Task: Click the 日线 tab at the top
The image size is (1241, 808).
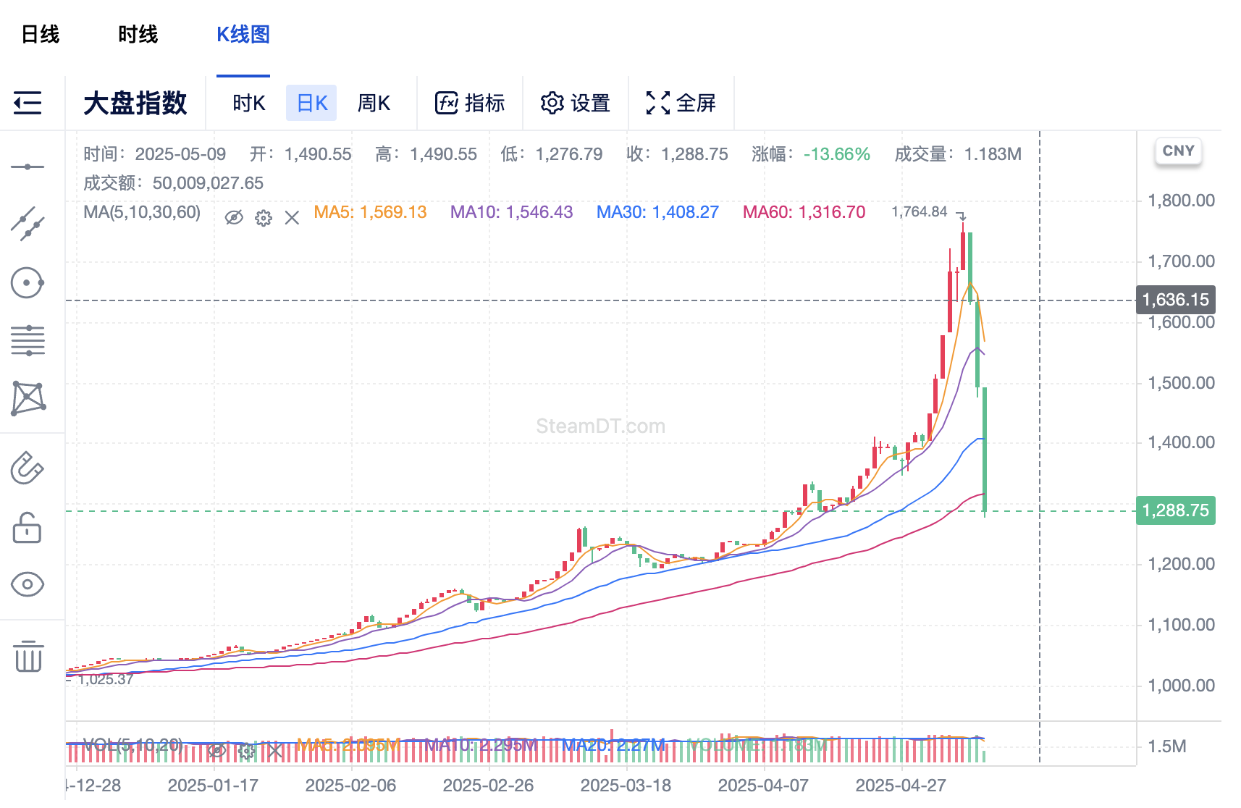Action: coord(41,34)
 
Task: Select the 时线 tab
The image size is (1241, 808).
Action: coord(138,34)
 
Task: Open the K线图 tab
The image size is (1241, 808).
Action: coord(243,34)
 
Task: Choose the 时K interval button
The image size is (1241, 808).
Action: coord(248,104)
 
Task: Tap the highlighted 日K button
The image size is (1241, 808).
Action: coord(312,104)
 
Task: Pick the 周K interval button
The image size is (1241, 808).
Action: coord(374,104)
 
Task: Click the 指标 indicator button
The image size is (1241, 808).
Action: coord(470,104)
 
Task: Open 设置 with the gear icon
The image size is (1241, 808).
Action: coord(576,104)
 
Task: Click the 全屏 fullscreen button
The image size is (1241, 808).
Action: coord(681,104)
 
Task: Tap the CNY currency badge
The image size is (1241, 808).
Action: coord(1178,151)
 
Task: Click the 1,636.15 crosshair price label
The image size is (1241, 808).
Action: coord(1175,300)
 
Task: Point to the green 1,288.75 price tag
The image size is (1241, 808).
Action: coord(1175,510)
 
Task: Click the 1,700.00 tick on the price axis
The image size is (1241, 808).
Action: coord(1181,261)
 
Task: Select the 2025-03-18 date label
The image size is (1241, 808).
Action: coord(626,786)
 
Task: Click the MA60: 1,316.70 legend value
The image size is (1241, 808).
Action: coord(804,212)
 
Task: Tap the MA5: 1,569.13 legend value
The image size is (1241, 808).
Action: coord(370,212)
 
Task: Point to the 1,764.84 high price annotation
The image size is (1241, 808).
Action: coord(919,211)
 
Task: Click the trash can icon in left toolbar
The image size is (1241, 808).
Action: coord(28,656)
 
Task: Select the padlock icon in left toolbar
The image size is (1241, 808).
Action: coord(28,528)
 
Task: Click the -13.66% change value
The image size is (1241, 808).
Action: coord(836,154)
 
